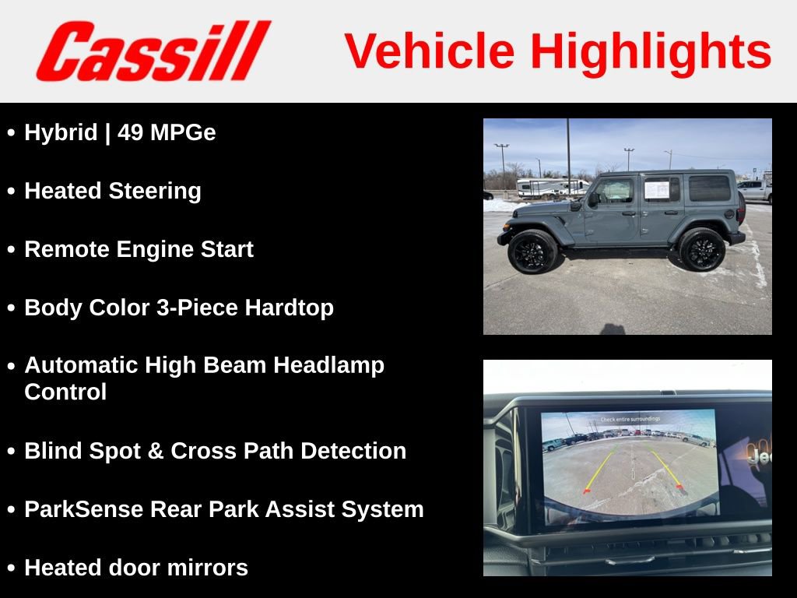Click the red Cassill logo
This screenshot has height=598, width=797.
153,51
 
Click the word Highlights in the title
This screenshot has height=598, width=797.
651,51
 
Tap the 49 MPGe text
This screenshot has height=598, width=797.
167,133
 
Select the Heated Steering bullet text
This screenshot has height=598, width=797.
113,192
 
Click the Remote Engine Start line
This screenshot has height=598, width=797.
139,250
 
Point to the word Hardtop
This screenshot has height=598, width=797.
290,308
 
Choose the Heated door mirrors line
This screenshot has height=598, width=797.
136,568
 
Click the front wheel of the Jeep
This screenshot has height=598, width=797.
533,251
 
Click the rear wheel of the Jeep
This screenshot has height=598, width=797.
701,249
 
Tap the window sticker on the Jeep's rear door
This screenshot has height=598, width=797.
656,189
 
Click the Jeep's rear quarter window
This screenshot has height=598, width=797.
709,188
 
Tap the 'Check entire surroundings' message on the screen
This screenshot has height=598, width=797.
630,419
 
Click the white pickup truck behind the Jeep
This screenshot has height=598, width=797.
754,189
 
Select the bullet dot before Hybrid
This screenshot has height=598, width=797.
11,134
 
